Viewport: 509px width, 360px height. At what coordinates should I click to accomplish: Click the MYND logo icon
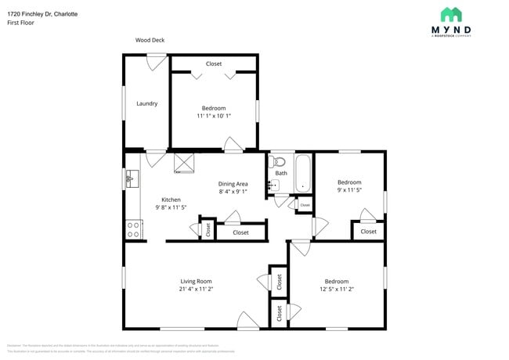pos(450,14)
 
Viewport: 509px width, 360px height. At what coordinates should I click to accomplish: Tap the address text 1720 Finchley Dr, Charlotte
pos(42,14)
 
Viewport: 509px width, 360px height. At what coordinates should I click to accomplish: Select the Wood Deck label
pos(150,40)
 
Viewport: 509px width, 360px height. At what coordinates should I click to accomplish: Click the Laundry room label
pos(147,103)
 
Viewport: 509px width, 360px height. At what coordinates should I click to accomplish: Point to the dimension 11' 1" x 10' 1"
pos(214,116)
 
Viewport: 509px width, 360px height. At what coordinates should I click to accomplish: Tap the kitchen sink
pos(131,179)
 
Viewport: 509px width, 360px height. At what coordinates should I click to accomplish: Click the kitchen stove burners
pos(134,229)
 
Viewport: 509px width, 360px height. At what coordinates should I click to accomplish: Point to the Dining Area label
pos(233,184)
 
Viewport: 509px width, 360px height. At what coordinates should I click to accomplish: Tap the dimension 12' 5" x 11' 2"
pos(336,289)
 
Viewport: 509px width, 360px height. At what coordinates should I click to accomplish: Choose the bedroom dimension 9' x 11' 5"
pos(348,189)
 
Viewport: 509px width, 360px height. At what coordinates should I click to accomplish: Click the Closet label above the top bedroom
pos(214,63)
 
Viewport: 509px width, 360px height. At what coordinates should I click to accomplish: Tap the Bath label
pos(281,173)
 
